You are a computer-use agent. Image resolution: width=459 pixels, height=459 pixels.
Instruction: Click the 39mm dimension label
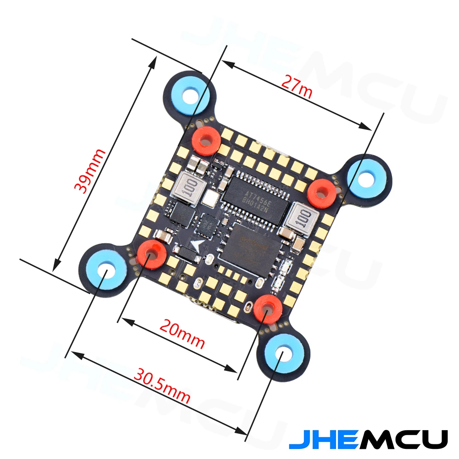pos(90,171)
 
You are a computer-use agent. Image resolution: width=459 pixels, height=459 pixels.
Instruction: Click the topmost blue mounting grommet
pos(188,95)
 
